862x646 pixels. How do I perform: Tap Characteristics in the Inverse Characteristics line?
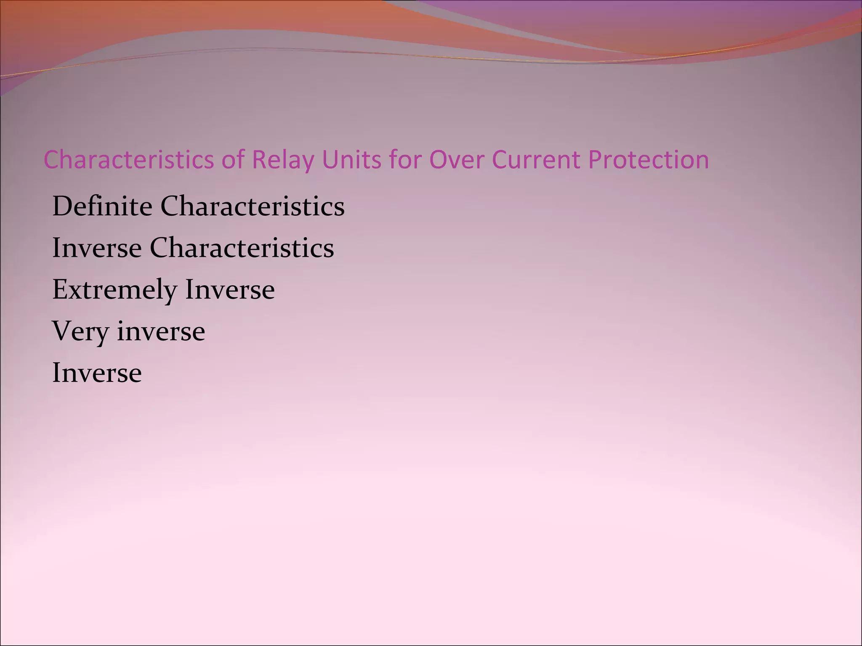click(x=242, y=248)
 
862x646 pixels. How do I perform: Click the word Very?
click(x=80, y=332)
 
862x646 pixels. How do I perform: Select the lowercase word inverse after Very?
click(x=161, y=331)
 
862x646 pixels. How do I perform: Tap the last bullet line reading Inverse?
click(x=97, y=373)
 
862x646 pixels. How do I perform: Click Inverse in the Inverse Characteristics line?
click(x=97, y=248)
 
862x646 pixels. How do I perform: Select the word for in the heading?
click(x=406, y=160)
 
